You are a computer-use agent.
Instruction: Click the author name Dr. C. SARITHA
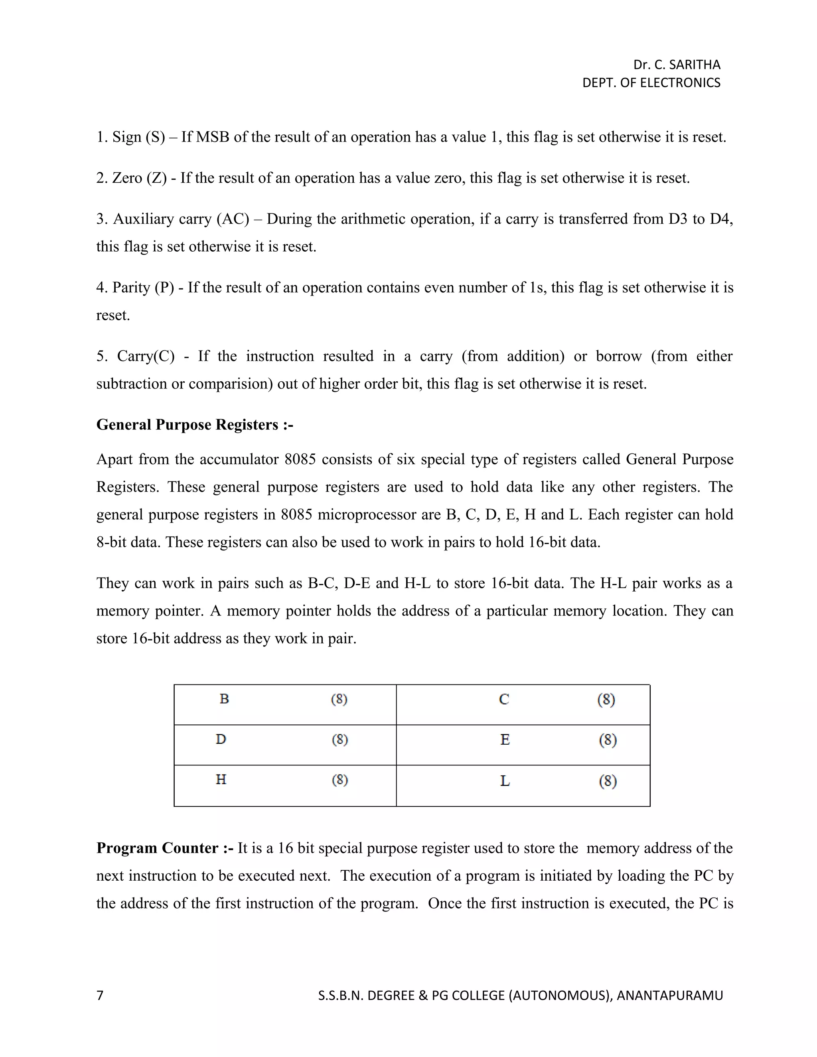point(676,65)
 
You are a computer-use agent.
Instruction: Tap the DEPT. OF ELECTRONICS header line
point(651,83)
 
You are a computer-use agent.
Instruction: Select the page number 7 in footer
point(100,995)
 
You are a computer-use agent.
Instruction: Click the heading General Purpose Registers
point(195,424)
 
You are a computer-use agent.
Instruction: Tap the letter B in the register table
point(224,699)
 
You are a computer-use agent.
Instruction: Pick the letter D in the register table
point(221,740)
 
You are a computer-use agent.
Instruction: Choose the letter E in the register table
point(505,740)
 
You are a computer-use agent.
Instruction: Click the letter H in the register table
point(221,780)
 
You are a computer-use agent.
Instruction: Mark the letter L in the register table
point(505,781)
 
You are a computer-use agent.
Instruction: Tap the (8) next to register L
point(608,781)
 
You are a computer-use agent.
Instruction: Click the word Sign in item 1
point(127,137)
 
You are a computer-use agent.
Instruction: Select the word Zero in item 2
point(127,178)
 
